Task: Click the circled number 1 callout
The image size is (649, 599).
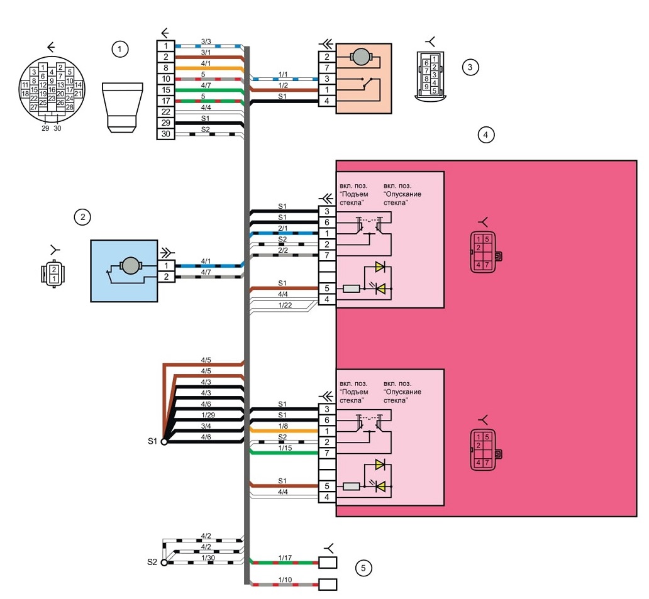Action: (119, 49)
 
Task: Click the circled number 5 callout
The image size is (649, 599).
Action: (363, 568)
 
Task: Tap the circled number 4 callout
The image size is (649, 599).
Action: (485, 135)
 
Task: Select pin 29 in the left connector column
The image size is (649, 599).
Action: (165, 123)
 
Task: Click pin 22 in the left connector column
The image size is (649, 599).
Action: (165, 112)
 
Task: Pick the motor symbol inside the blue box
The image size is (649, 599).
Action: (130, 266)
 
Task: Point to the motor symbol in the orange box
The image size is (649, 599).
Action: (362, 57)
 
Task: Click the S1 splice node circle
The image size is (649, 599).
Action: (164, 442)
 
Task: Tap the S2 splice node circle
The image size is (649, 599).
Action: (164, 563)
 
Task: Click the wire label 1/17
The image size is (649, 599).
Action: (285, 558)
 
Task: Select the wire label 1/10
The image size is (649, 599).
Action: (285, 580)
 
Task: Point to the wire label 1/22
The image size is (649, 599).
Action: (285, 305)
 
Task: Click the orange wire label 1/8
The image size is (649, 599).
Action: (283, 426)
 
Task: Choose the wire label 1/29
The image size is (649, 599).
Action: (208, 415)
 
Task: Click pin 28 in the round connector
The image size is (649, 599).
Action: (70, 107)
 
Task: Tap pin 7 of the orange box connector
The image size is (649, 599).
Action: (327, 68)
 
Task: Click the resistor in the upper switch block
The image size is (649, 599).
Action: (352, 289)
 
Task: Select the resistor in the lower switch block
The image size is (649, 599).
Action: (352, 486)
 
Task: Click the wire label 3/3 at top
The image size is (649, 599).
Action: (206, 41)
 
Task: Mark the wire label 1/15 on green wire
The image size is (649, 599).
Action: (285, 448)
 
